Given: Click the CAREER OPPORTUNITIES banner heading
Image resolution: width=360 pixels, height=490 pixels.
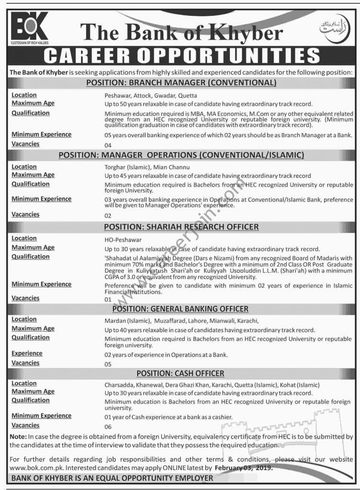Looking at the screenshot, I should coord(180,56).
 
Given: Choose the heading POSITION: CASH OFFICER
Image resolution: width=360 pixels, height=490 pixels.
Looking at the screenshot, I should coord(180,373).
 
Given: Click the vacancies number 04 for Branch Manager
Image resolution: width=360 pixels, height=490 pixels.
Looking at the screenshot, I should coord(108,145).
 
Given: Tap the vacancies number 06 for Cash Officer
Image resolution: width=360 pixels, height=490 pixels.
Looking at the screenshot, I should coord(108,426).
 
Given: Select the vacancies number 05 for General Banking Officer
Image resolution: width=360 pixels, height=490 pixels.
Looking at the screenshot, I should coord(108,364).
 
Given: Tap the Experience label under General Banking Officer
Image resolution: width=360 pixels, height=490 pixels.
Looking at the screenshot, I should coord(27,354).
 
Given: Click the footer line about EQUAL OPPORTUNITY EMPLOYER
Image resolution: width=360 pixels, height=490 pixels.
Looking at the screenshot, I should coord(112,478).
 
